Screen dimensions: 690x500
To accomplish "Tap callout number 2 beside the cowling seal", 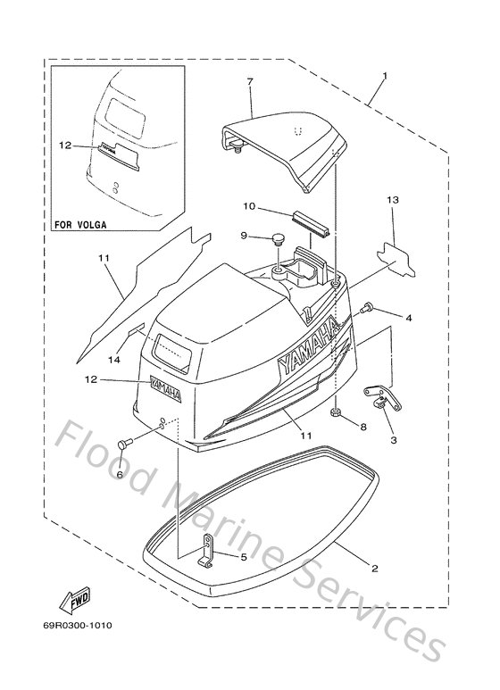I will pyautogui.click(x=373, y=568).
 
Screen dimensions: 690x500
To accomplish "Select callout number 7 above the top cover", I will pyautogui.click(x=250, y=82).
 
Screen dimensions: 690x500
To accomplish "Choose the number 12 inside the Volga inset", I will pyautogui.click(x=63, y=144).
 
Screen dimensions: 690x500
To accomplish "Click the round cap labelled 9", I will pyautogui.click(x=277, y=239).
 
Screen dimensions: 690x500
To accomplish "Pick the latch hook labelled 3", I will pyautogui.click(x=381, y=397).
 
